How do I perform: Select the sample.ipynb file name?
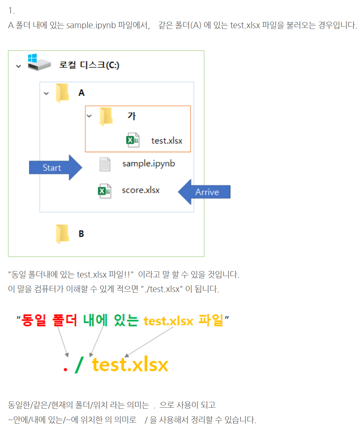click(148, 164)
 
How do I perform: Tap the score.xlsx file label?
click(140, 190)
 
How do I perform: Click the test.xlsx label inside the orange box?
click(166, 140)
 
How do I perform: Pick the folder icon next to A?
click(63, 93)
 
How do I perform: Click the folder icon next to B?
click(63, 233)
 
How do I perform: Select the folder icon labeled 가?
click(106, 116)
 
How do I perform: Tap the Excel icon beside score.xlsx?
click(104, 191)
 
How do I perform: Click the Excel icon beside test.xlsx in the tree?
click(132, 140)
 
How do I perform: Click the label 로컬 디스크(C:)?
click(89, 65)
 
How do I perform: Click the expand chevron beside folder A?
click(46, 93)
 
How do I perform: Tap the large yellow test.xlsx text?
click(130, 365)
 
